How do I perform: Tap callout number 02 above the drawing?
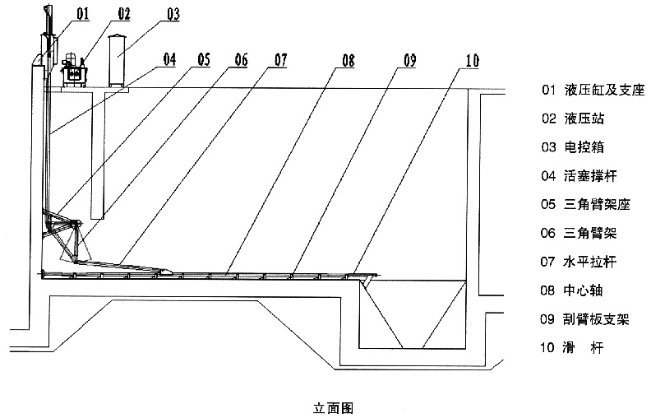click(123, 14)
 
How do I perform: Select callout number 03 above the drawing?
click(173, 14)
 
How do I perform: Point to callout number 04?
click(169, 58)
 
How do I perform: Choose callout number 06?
click(240, 58)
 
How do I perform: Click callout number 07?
click(280, 58)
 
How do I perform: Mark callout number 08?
click(348, 58)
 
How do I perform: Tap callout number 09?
click(409, 58)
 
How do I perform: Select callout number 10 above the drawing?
click(471, 59)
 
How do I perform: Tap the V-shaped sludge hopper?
click(413, 313)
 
